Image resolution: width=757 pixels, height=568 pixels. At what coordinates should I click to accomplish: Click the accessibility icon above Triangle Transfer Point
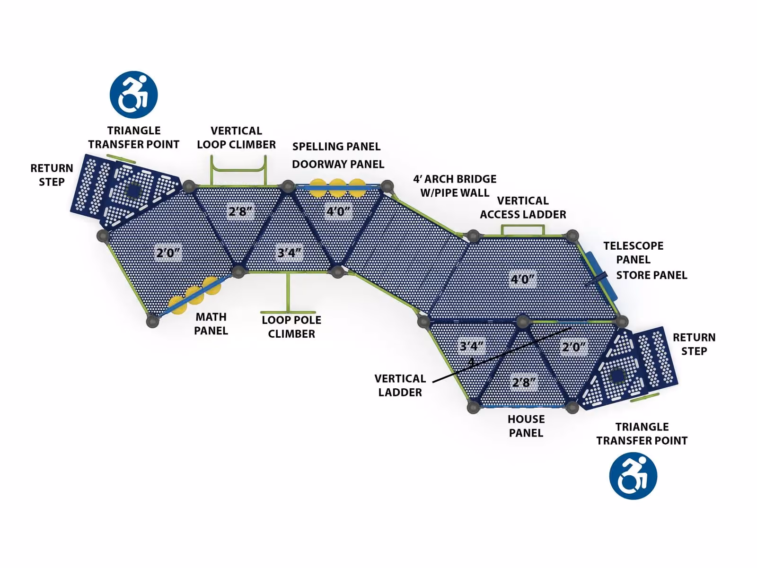click(x=133, y=95)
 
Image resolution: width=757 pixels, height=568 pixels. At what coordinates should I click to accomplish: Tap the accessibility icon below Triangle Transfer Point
click(x=633, y=476)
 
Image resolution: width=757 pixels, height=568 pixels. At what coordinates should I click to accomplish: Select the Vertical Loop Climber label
click(x=236, y=138)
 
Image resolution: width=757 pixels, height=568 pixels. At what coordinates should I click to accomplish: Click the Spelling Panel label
click(x=336, y=147)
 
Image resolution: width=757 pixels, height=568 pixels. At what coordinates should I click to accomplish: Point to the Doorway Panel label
click(x=338, y=165)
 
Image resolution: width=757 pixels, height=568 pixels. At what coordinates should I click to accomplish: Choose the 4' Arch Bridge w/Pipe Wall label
click(x=455, y=186)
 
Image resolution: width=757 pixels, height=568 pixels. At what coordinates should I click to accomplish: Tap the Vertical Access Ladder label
click(x=523, y=208)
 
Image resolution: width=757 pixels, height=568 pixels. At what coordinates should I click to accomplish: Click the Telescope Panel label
click(x=633, y=253)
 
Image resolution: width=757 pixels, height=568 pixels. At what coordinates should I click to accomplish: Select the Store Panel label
click(x=651, y=275)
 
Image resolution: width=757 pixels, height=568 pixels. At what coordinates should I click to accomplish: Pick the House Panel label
click(x=526, y=426)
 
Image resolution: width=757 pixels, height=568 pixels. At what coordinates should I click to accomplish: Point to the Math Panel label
click(x=211, y=323)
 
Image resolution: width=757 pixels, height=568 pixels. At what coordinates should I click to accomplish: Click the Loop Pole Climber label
click(x=291, y=327)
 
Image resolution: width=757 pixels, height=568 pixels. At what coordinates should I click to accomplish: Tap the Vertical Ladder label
click(x=400, y=385)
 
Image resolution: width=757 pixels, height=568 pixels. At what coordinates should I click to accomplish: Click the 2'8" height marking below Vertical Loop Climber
click(x=241, y=211)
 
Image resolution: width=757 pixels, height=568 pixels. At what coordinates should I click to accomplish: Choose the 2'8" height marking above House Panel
click(x=524, y=382)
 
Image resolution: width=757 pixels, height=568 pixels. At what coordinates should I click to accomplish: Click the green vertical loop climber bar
click(x=238, y=170)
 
